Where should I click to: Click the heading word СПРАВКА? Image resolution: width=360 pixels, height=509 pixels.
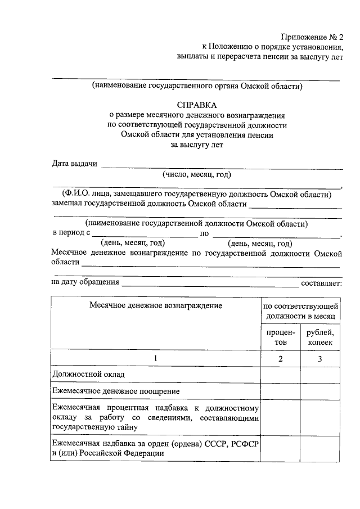196,105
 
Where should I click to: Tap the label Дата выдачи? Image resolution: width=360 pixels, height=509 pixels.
74,164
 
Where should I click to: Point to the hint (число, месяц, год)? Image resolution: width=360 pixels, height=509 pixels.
196,174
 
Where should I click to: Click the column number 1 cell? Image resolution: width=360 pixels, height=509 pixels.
155,358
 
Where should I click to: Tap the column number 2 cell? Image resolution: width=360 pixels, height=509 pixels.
280,358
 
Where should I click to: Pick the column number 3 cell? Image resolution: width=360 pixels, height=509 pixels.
320,358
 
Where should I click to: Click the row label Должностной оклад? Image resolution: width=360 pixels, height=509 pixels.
88,374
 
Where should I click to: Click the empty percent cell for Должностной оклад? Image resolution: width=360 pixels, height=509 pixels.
280,374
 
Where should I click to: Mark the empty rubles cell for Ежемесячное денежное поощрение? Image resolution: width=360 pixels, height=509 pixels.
320,391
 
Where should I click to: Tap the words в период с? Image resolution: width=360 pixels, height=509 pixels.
71,233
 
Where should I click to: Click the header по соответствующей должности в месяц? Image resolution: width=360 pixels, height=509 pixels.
300,310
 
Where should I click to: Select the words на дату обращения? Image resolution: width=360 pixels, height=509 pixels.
85,282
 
